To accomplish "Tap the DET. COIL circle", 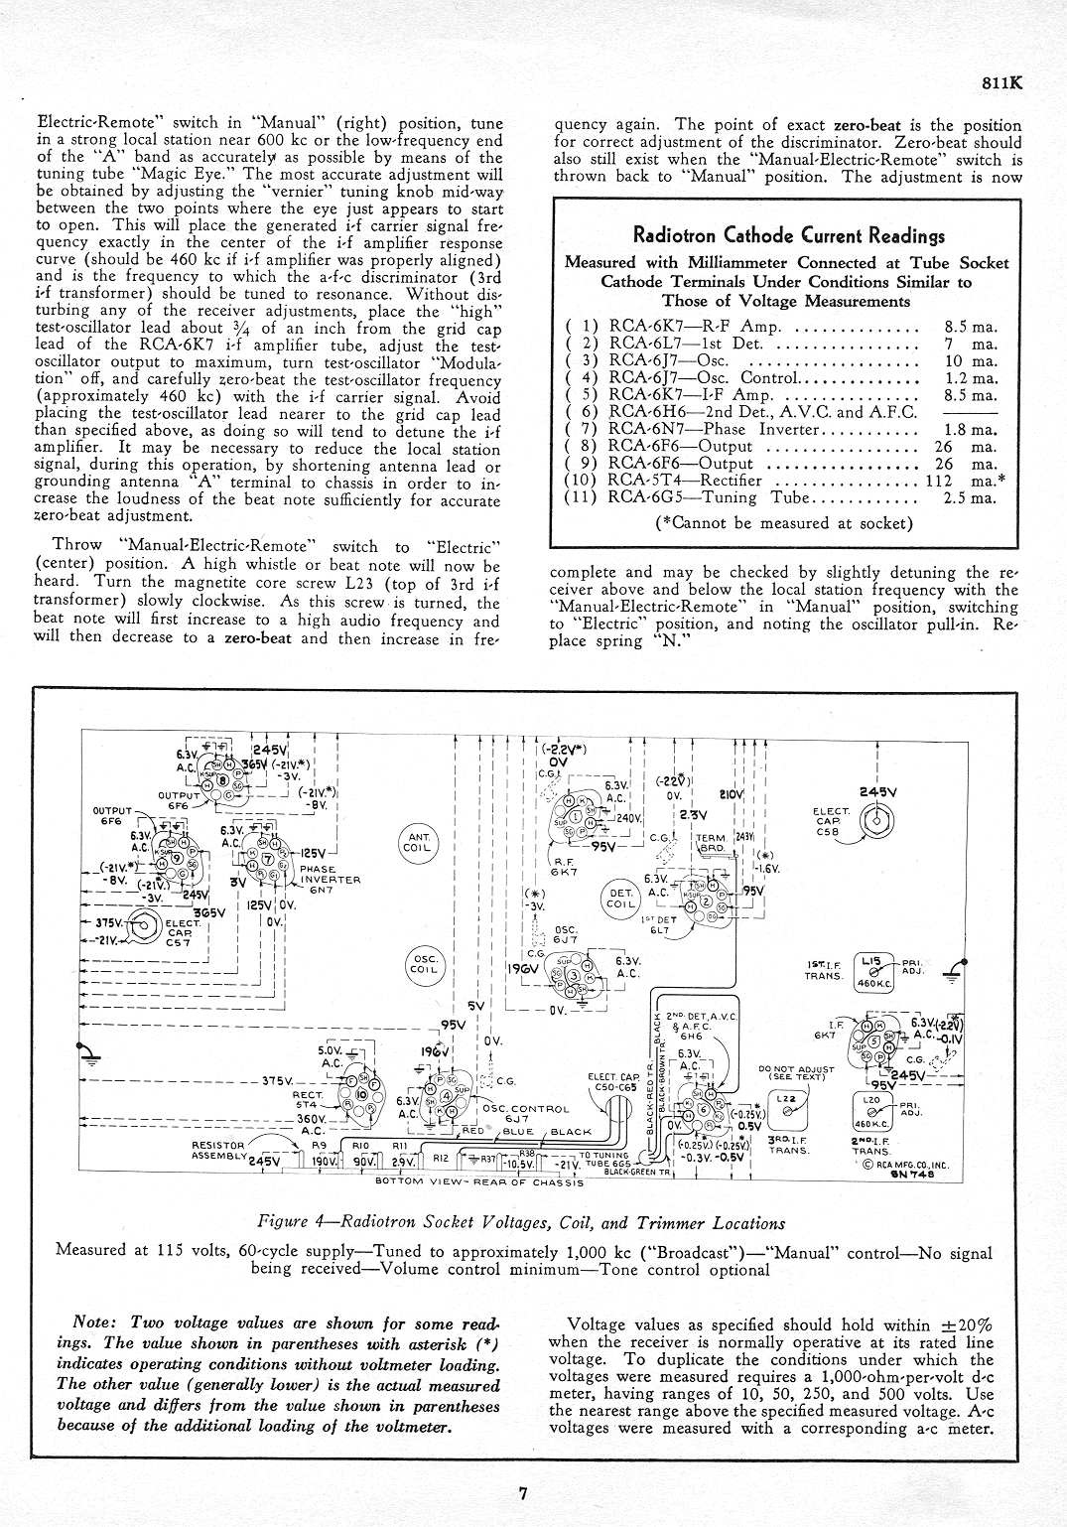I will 620,898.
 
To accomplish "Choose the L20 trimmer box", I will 870,1106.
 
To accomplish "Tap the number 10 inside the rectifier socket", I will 361,1095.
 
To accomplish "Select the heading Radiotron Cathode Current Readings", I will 788,236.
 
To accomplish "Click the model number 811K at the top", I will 1000,84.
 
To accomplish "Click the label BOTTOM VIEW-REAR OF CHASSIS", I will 479,1182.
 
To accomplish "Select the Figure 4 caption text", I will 520,1223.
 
